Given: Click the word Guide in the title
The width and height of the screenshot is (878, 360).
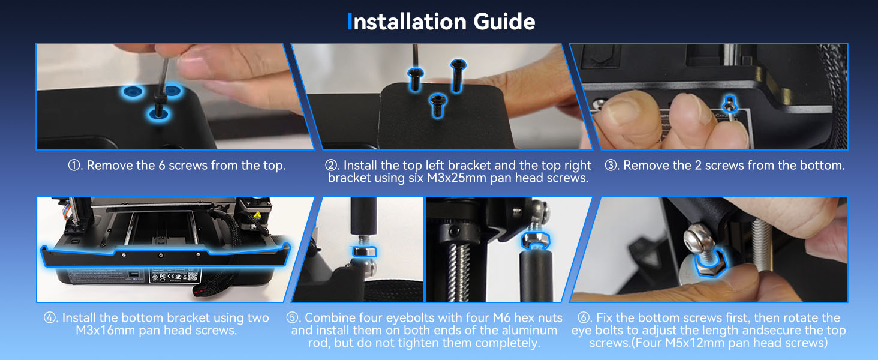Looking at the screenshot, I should tap(504, 22).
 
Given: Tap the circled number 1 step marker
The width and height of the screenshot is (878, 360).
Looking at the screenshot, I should tap(75, 166).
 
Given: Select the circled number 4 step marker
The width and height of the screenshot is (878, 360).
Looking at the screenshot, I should tap(51, 318).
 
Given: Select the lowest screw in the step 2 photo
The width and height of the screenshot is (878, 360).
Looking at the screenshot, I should tap(438, 103).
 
